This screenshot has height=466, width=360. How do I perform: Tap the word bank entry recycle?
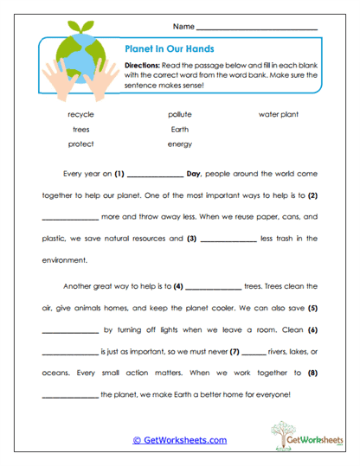[x=80, y=114]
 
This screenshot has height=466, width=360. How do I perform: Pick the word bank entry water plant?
[x=280, y=114]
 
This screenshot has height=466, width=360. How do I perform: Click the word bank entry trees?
[x=80, y=129]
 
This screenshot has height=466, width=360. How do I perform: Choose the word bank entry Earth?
[x=180, y=129]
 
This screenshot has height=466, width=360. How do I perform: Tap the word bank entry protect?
[x=80, y=144]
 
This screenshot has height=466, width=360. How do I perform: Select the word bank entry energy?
[x=180, y=144]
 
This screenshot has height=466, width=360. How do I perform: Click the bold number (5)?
[x=313, y=308]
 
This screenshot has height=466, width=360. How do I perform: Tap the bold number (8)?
[x=313, y=373]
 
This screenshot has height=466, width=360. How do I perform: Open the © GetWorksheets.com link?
[x=179, y=440]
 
